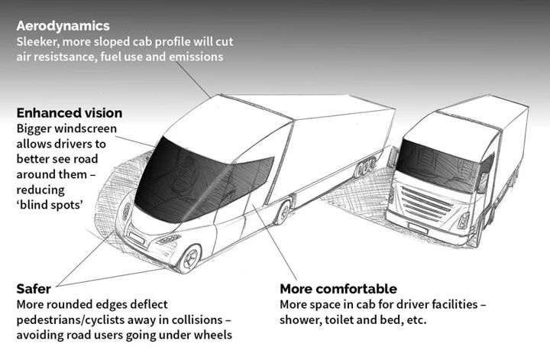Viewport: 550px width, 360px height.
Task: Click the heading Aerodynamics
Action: pyautogui.click(x=63, y=26)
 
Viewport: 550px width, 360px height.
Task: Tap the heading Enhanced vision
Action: pyautogui.click(x=70, y=113)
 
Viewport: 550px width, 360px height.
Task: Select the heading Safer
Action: pyautogui.click(x=34, y=289)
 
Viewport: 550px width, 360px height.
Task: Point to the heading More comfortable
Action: pyautogui.click(x=338, y=289)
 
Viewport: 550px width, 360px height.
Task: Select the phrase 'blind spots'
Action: pyautogui.click(x=50, y=205)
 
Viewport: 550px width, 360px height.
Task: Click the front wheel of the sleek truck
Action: pyautogui.click(x=189, y=258)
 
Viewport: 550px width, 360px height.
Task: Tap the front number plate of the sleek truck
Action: pyautogui.click(x=137, y=238)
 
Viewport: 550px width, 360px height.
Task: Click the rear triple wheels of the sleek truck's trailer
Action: pyautogui.click(x=365, y=167)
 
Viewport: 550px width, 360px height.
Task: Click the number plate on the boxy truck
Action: pyautogui.click(x=417, y=228)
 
